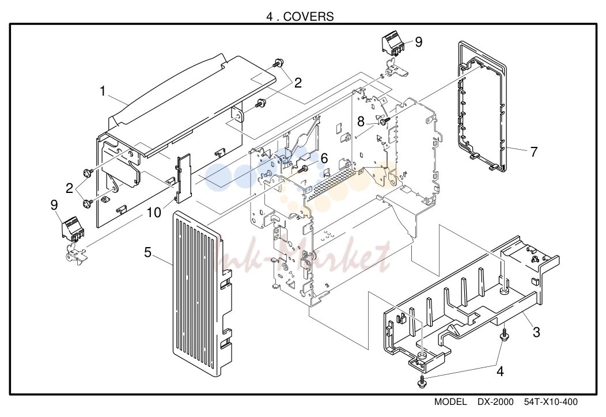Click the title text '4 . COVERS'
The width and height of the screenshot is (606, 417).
300,16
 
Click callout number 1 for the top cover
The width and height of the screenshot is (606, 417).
103,91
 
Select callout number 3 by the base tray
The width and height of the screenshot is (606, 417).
536,332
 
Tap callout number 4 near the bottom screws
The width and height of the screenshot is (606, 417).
500,371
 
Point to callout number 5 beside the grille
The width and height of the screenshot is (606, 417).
147,252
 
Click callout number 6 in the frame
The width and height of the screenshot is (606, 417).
324,158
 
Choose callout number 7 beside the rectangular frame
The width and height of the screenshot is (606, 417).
534,152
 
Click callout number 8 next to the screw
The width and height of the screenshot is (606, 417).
361,122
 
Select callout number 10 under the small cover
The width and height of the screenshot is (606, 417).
154,212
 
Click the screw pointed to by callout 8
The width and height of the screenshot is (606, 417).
384,122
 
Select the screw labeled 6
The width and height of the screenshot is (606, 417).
303,168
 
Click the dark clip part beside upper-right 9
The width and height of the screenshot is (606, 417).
393,44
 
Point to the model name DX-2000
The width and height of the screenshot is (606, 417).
495,402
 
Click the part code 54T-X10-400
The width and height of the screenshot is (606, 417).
551,402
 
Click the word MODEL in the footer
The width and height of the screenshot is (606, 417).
450,402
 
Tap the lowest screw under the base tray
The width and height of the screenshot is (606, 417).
421,381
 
